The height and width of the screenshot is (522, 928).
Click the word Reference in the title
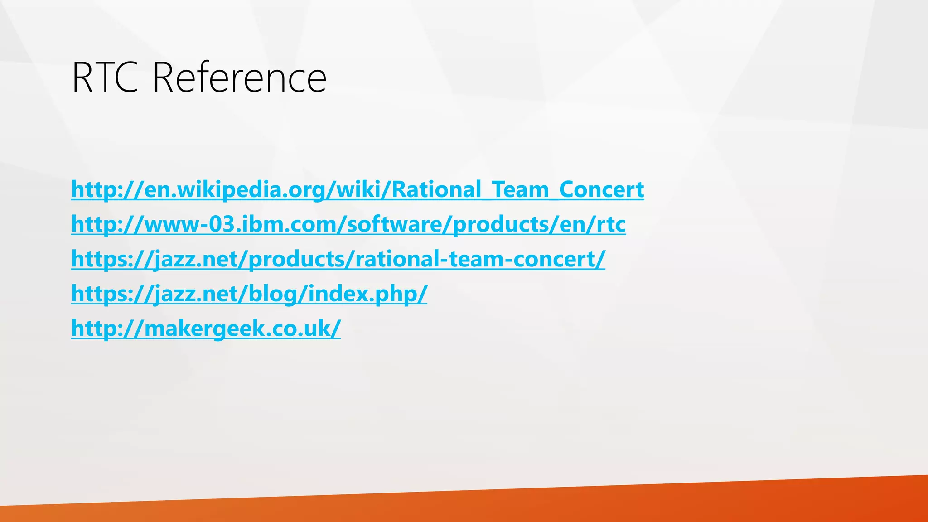click(239, 78)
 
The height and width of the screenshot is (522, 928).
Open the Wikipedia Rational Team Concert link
click(357, 189)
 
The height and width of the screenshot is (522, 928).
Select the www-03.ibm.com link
click(348, 224)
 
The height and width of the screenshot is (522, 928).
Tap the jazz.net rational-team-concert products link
click(338, 259)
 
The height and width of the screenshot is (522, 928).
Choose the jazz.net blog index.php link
click(249, 294)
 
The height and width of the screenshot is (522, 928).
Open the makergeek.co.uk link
click(205, 329)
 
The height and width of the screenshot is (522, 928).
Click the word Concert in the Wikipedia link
click(601, 189)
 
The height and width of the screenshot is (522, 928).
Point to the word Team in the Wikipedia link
click(520, 189)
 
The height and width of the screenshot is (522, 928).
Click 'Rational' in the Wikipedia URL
click(435, 189)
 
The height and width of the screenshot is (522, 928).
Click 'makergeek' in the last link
click(204, 329)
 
